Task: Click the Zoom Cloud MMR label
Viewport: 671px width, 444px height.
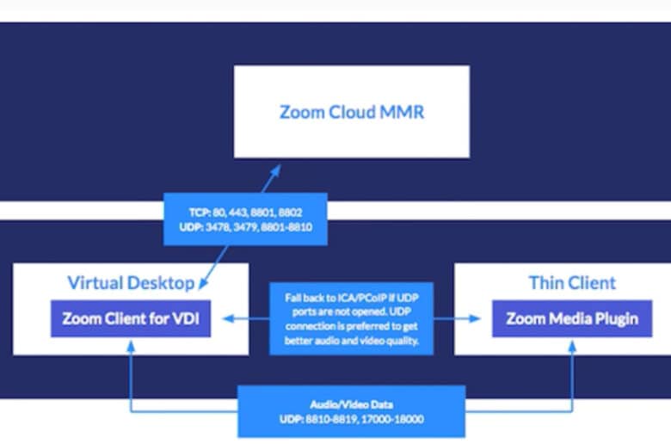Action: [x=352, y=112]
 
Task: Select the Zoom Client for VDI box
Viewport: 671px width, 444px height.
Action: [x=131, y=318]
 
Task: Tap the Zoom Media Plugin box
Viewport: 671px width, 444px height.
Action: [x=572, y=318]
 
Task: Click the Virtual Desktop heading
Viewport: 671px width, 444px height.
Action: [x=131, y=282]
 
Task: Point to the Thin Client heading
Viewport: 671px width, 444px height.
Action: [x=572, y=282]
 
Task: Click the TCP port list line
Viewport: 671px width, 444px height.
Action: [x=246, y=213]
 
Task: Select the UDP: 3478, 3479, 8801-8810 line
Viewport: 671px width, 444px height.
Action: [x=246, y=227]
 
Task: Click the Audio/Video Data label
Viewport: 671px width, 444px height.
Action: [x=351, y=404]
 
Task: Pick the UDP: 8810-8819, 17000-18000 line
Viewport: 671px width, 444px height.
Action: [x=351, y=419]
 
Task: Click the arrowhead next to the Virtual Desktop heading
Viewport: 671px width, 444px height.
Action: [x=204, y=283]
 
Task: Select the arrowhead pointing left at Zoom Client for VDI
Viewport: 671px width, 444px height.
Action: [x=229, y=318]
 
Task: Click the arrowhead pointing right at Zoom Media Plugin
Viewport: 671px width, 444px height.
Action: [x=475, y=318]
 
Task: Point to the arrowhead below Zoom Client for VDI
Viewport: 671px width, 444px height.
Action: [x=131, y=347]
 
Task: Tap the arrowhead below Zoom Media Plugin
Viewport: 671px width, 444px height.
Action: [x=572, y=347]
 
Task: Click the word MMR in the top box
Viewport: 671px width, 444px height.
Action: [x=402, y=112]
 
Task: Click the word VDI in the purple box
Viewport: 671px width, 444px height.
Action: [x=185, y=318]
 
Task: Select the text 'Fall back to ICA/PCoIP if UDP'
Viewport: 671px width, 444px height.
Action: [x=351, y=298]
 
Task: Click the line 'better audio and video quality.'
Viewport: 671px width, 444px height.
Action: [x=351, y=341]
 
